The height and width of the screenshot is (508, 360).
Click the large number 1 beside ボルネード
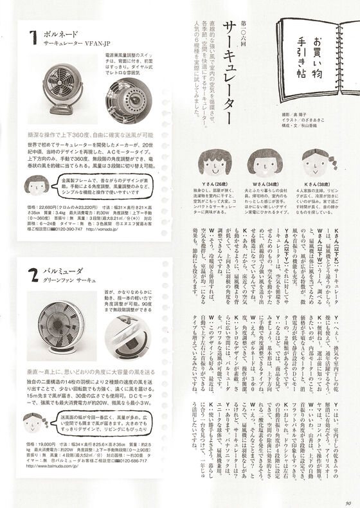[x=33, y=39]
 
